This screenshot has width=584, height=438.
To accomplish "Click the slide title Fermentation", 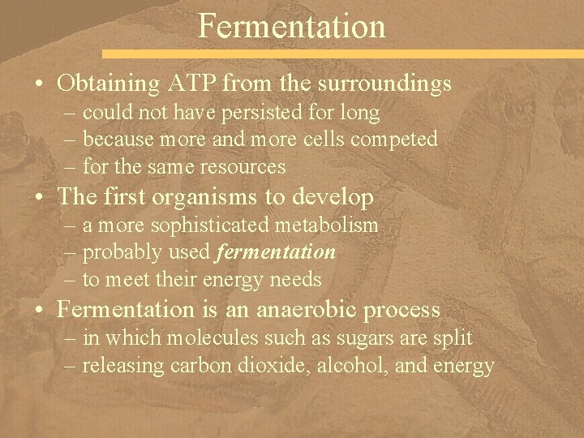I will pos(292,26).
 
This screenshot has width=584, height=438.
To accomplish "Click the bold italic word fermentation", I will pos(276,252).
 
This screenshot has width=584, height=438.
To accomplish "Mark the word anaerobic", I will pos(303,310).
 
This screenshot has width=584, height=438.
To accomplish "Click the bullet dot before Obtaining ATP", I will pos(40,84).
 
